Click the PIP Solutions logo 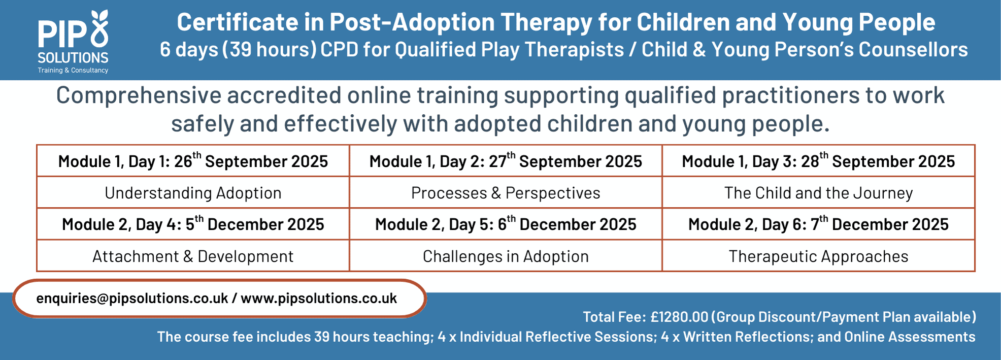pyautogui.click(x=73, y=42)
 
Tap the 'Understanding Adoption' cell pyautogui.click(x=193, y=193)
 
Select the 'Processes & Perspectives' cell pyautogui.click(x=506, y=193)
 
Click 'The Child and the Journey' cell pyautogui.click(x=818, y=193)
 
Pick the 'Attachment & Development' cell pyautogui.click(x=193, y=256)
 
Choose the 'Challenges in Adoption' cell pyautogui.click(x=506, y=256)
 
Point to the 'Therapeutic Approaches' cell pyautogui.click(x=818, y=256)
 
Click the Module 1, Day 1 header pyautogui.click(x=193, y=161)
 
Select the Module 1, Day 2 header pyautogui.click(x=506, y=161)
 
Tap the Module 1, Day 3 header pyautogui.click(x=818, y=161)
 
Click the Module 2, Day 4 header pyautogui.click(x=193, y=224)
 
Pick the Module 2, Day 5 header pyautogui.click(x=506, y=224)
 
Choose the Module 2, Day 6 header pyautogui.click(x=818, y=224)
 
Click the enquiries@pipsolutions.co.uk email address pyautogui.click(x=132, y=299)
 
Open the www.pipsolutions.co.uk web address pyautogui.click(x=319, y=299)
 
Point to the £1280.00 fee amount pyautogui.click(x=679, y=317)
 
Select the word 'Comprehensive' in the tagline pyautogui.click(x=139, y=96)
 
